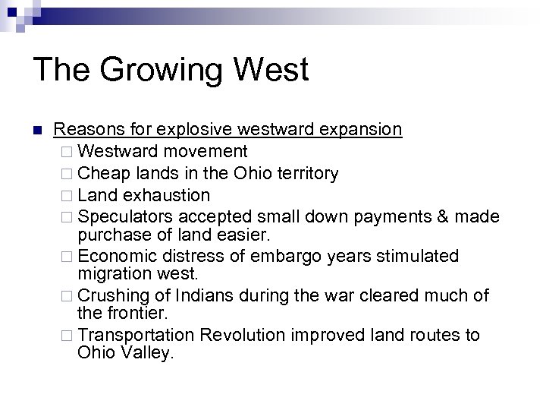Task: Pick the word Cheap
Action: click(102, 173)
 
